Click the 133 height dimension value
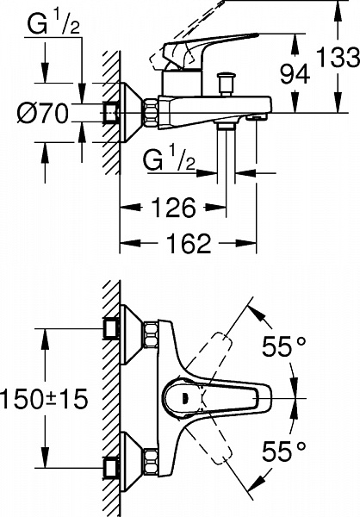(x=338, y=57)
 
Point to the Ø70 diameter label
(x=43, y=113)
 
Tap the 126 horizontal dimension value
(x=173, y=208)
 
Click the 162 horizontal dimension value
(x=189, y=243)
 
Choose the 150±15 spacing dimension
(x=44, y=398)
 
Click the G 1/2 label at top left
(x=53, y=25)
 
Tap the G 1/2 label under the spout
(x=169, y=159)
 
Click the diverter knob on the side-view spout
(x=226, y=84)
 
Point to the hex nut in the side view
(x=150, y=112)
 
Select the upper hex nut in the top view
(x=151, y=334)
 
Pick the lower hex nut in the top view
(x=151, y=461)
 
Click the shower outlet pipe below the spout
(x=226, y=153)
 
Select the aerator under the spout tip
(x=256, y=116)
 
